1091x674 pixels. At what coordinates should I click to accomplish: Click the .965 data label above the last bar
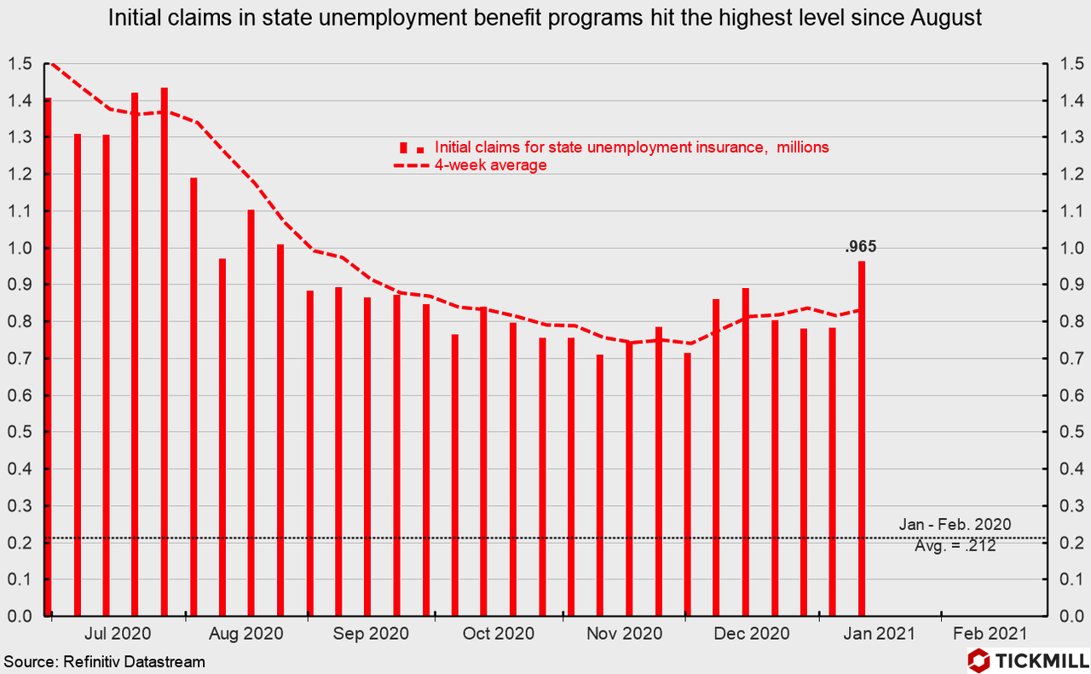pos(860,248)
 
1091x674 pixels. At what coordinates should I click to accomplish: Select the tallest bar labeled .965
pos(862,438)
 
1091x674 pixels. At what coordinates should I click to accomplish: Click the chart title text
pos(545,19)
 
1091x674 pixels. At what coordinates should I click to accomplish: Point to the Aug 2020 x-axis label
pos(245,634)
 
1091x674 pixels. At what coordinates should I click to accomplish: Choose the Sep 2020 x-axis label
pos(372,634)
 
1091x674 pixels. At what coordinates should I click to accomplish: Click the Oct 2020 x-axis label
pos(498,634)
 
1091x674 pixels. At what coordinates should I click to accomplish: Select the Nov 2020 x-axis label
pos(624,634)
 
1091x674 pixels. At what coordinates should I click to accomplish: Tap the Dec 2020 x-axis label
pos(752,634)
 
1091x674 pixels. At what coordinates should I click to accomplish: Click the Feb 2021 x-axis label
pos(990,634)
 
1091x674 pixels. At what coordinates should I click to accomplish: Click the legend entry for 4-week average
pos(489,165)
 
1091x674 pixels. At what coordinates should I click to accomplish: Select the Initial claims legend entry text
pos(632,147)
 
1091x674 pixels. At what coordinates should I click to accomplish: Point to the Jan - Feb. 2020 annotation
pos(955,525)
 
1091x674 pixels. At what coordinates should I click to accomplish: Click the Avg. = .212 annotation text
pos(955,546)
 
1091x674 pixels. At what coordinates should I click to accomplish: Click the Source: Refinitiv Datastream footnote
pos(104,661)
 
